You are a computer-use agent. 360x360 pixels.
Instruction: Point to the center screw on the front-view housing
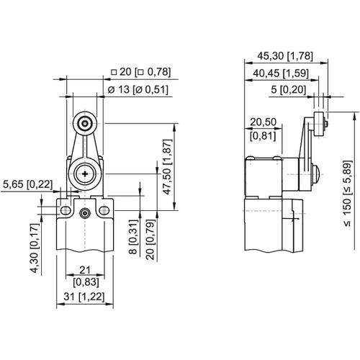pyautogui.click(x=85, y=212)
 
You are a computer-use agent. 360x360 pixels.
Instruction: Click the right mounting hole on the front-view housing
pyautogui.click(x=105, y=210)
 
